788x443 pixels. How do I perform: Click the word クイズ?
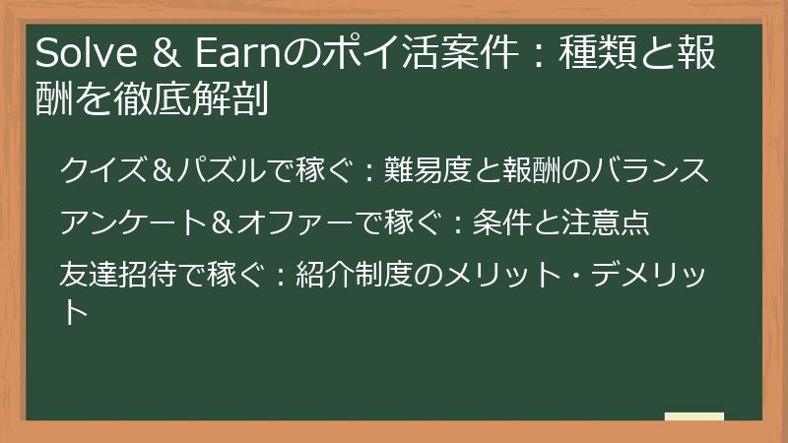point(100,170)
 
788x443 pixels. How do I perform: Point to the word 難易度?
point(412,170)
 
